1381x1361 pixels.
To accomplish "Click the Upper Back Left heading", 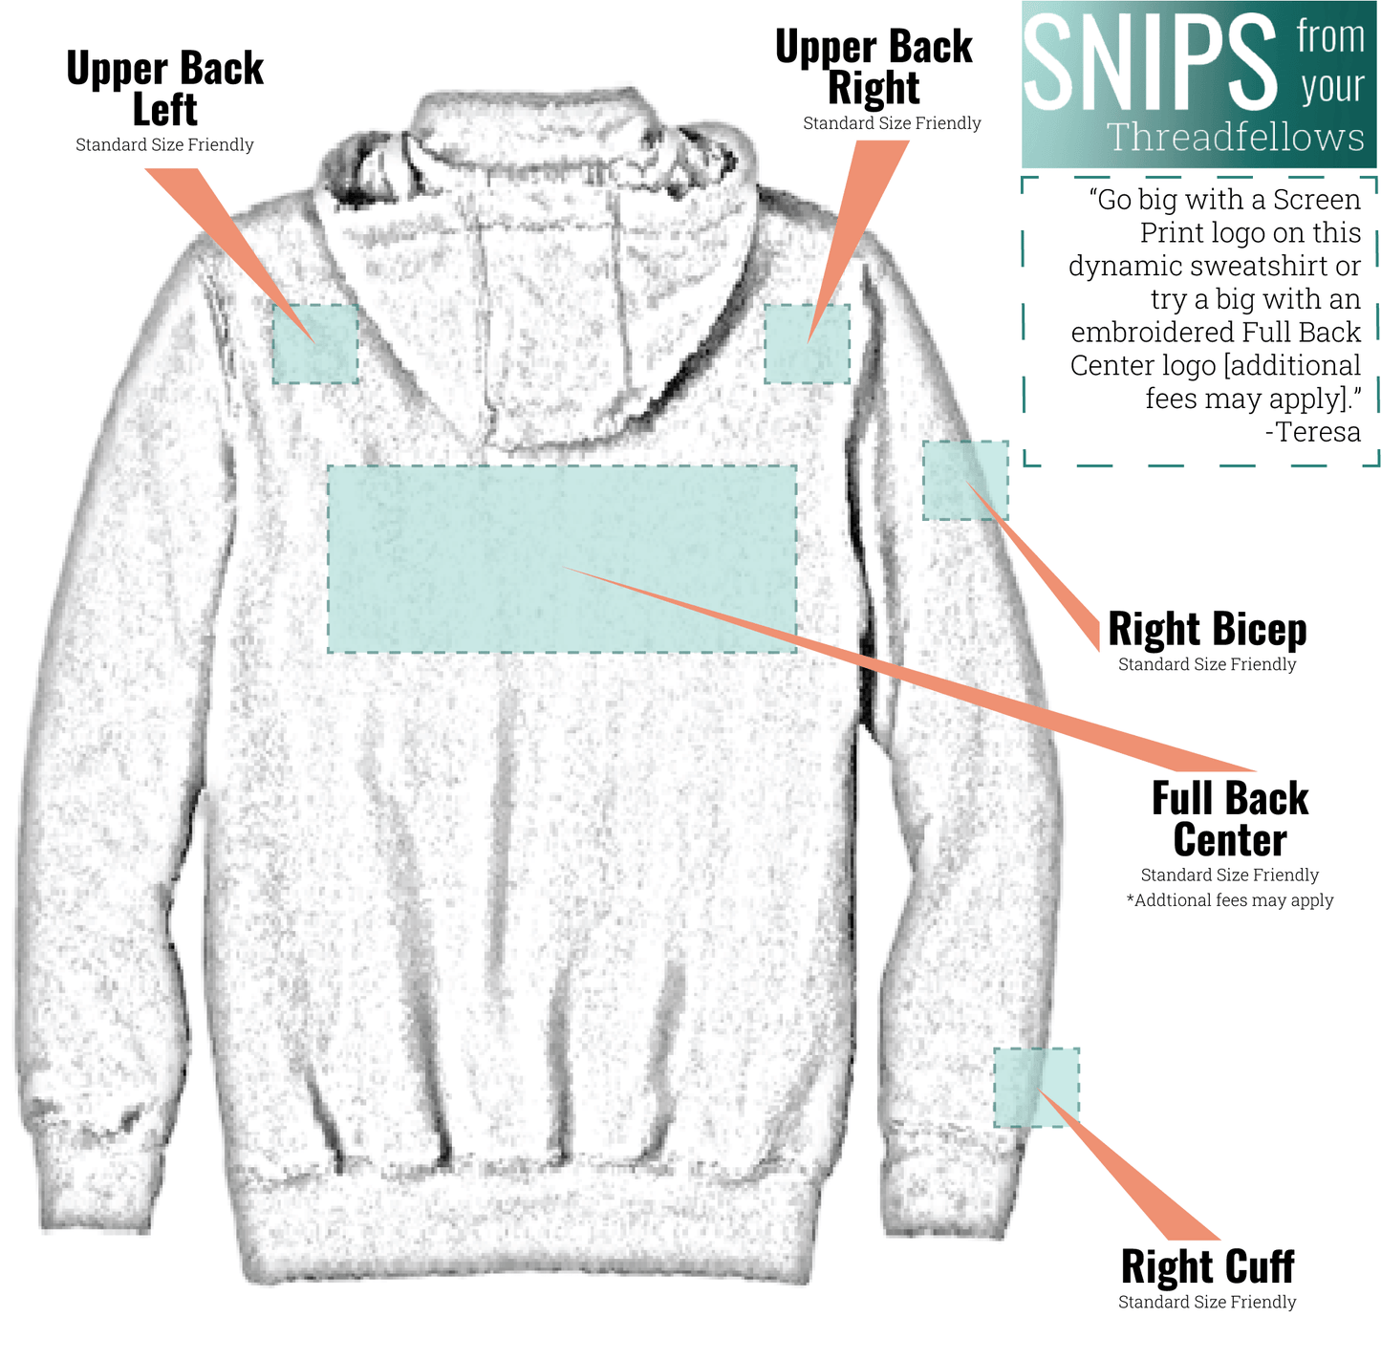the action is tap(164, 88).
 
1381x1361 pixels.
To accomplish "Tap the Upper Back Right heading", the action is tap(874, 67).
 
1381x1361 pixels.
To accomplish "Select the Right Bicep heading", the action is tap(1207, 629).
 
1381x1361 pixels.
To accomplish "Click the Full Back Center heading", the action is tap(1230, 818).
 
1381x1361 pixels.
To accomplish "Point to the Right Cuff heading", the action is tap(1208, 1265).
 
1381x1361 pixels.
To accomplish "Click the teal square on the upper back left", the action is tap(315, 344).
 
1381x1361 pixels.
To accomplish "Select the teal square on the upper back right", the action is tap(807, 344).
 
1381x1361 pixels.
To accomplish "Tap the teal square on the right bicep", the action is tap(965, 480).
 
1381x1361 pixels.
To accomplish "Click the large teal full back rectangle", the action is tap(562, 559).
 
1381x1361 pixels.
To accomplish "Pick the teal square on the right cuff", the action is tap(1036, 1088).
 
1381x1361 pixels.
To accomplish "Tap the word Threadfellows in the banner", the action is tap(1235, 136).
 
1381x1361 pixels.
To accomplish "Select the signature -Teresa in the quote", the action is tap(1313, 432).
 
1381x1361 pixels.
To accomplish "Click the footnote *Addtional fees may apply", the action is tap(1230, 900).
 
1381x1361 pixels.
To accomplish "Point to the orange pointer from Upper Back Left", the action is tap(229, 255).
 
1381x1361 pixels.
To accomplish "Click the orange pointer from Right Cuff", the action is tap(1128, 1165).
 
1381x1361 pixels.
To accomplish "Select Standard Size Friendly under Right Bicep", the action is tap(1207, 664).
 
